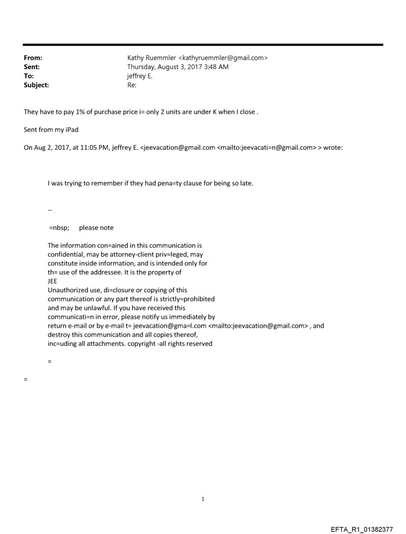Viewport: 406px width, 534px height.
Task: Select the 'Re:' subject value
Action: (x=132, y=85)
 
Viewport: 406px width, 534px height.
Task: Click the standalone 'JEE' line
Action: (x=52, y=281)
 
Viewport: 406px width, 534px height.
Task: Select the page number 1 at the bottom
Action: (x=203, y=499)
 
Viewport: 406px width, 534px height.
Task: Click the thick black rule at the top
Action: (x=203, y=45)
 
